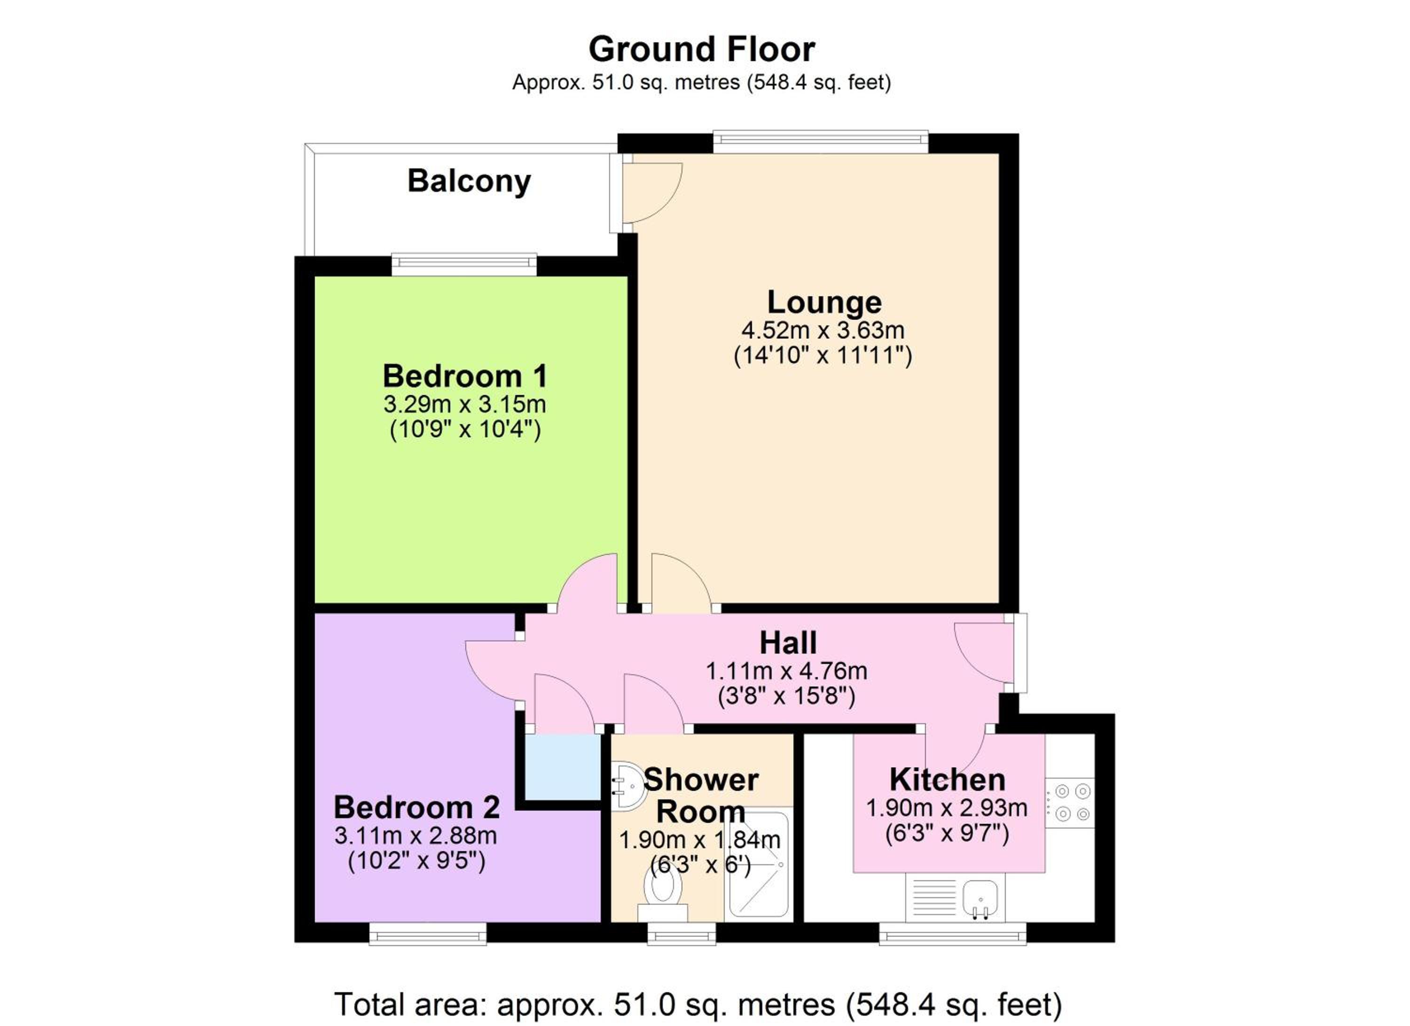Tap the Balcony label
pyautogui.click(x=470, y=182)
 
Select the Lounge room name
pyautogui.click(x=824, y=302)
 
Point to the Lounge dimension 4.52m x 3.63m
pyautogui.click(x=822, y=330)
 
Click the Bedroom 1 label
pyautogui.click(x=465, y=376)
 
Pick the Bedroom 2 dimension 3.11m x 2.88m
pyautogui.click(x=415, y=835)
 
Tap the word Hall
pyautogui.click(x=788, y=643)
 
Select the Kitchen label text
pyautogui.click(x=947, y=780)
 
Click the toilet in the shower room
pyautogui.click(x=662, y=895)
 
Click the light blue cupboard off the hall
pyautogui.click(x=563, y=767)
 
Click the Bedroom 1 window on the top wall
pyautogui.click(x=464, y=265)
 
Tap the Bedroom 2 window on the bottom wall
pyautogui.click(x=428, y=933)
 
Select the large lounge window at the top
pyautogui.click(x=821, y=142)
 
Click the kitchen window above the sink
pyautogui.click(x=952, y=933)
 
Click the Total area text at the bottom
pyautogui.click(x=698, y=1005)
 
